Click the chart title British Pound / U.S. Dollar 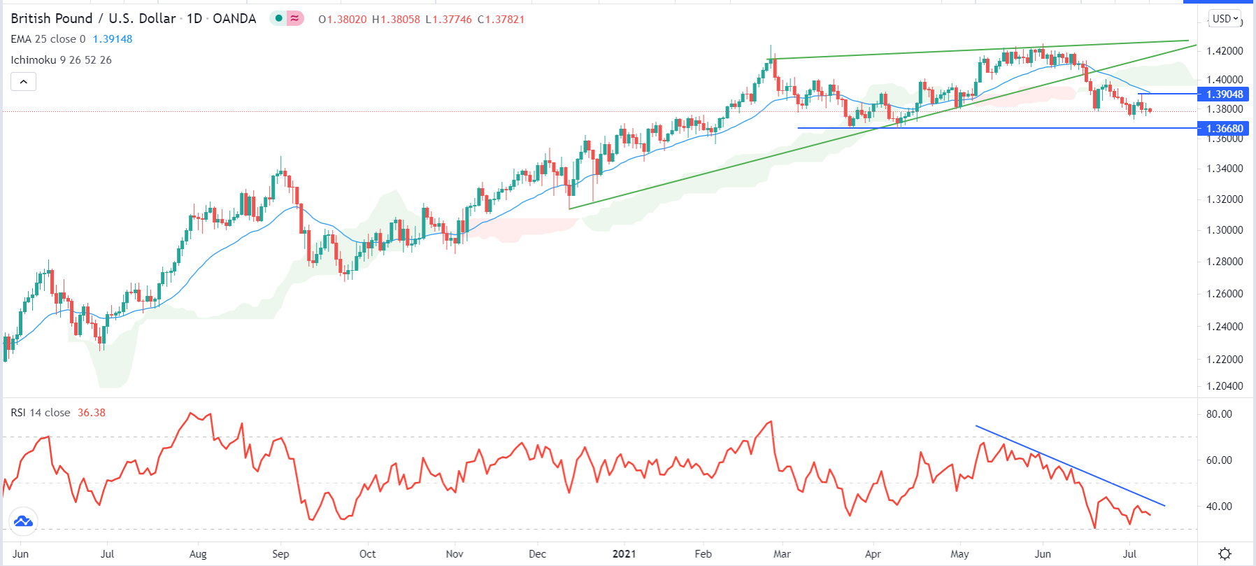(93, 19)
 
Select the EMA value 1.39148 (113, 39)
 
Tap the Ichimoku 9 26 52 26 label (61, 60)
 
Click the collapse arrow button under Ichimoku (23, 82)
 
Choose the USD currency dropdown (1225, 19)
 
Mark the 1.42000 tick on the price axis (1225, 51)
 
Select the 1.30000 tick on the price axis (1225, 230)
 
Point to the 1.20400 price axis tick (1225, 386)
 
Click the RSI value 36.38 (92, 413)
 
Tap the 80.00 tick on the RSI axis (1219, 414)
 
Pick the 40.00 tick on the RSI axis (1219, 507)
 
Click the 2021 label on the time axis (624, 554)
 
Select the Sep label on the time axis (280, 554)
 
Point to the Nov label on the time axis (455, 554)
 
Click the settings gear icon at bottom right (1225, 554)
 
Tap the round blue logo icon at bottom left (23, 521)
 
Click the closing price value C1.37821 (501, 20)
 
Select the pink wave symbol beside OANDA (295, 19)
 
